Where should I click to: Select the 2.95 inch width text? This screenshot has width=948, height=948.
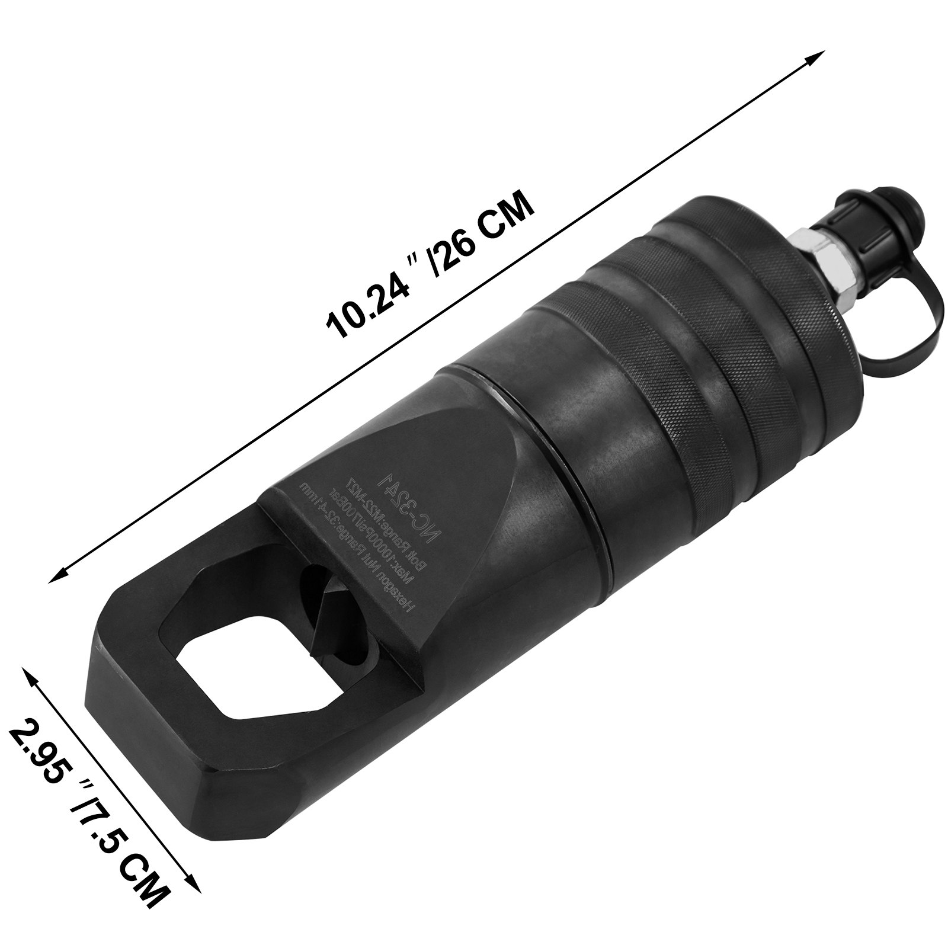(44, 759)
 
